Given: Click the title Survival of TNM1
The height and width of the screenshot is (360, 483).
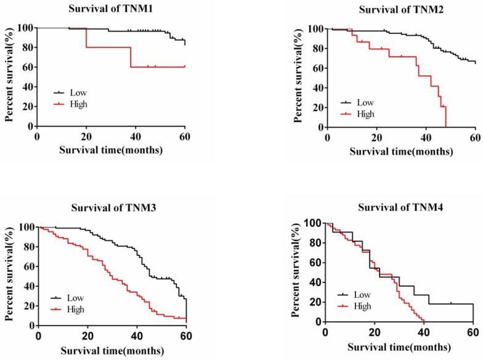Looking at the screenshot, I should click(x=118, y=9).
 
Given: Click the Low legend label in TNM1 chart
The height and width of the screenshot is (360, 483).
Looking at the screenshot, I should click(x=78, y=92).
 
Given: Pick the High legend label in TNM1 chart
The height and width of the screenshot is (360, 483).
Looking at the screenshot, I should click(x=79, y=104).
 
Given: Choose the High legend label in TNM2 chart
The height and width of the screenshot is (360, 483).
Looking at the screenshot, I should click(x=366, y=113).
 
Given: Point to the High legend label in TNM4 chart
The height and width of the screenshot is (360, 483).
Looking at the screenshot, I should click(x=364, y=306).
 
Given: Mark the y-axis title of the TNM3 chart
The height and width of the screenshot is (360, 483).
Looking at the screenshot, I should click(x=10, y=274).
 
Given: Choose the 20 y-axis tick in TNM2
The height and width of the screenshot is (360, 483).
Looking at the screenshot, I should click(x=317, y=107).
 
